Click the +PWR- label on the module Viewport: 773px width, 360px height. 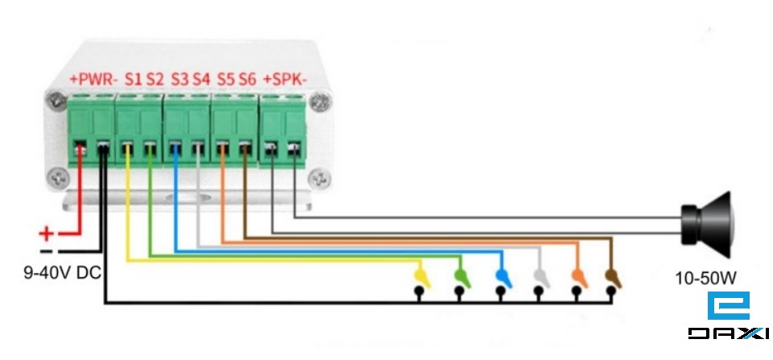[93, 80]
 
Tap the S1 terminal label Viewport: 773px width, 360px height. [133, 80]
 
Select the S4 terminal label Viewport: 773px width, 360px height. [200, 80]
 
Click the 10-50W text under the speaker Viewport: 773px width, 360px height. [705, 279]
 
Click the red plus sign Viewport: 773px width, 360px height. [47, 234]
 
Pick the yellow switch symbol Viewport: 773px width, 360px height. [420, 276]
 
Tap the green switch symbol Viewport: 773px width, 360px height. [461, 276]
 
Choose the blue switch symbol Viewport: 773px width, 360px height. [501, 276]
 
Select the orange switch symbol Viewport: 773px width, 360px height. [577, 276]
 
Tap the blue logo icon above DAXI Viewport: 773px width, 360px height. [728, 307]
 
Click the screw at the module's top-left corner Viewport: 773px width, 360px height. [56, 102]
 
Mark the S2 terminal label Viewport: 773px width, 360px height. [155, 80]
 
